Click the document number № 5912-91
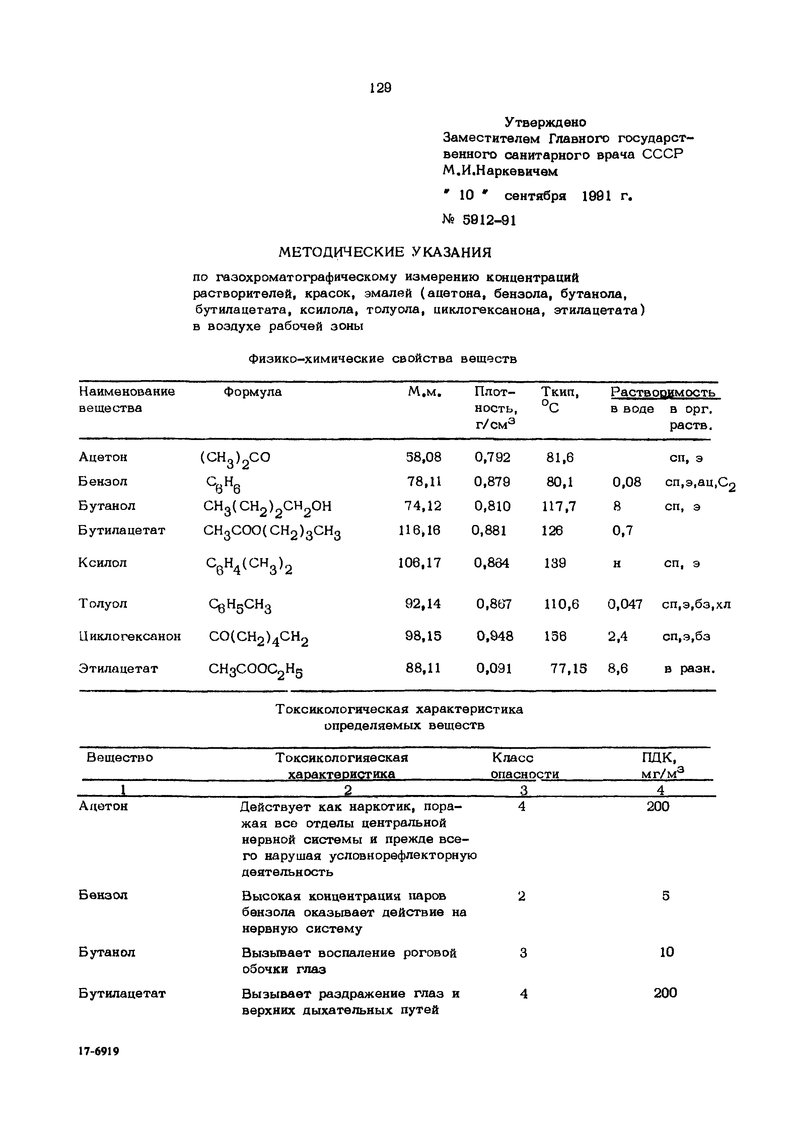[479, 220]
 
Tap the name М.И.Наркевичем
[501, 171]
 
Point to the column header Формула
[253, 392]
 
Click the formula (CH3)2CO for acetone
[235, 458]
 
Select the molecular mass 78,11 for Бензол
[424, 481]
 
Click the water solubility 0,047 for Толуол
[625, 604]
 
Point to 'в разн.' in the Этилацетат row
[690, 669]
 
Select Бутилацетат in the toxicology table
[122, 993]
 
